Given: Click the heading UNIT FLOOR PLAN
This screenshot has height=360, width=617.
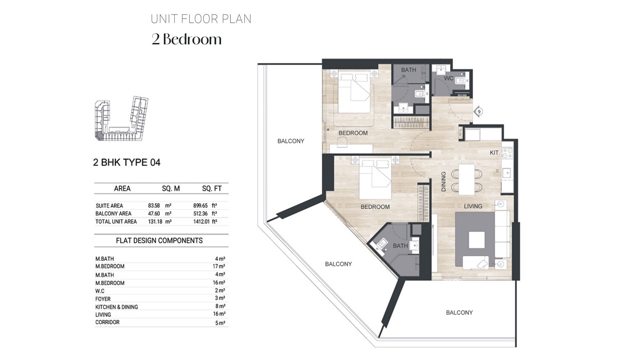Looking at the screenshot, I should pyautogui.click(x=201, y=20).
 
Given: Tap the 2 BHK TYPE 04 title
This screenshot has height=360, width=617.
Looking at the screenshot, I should pyautogui.click(x=126, y=163).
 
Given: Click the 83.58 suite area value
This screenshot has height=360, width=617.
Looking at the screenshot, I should pyautogui.click(x=154, y=205).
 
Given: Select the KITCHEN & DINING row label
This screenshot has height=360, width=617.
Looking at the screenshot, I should pyautogui.click(x=116, y=307).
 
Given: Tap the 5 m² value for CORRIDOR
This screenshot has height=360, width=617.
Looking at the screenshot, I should pyautogui.click(x=220, y=323).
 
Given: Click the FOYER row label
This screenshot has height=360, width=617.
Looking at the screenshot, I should pyautogui.click(x=103, y=299).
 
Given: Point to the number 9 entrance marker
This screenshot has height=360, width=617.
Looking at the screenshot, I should pyautogui.click(x=479, y=111).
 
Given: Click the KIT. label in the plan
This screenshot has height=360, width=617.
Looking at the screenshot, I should pyautogui.click(x=495, y=153).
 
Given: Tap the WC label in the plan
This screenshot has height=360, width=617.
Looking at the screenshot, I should pyautogui.click(x=449, y=79).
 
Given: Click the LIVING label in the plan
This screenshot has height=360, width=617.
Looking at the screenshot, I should pyautogui.click(x=473, y=206).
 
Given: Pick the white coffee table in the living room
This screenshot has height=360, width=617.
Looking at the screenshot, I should pyautogui.click(x=476, y=240).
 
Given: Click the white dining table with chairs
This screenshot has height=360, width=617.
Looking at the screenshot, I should pyautogui.click(x=467, y=178).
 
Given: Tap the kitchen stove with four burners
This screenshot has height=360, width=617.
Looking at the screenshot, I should pyautogui.click(x=507, y=153).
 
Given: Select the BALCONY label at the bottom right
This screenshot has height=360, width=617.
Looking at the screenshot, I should pyautogui.click(x=459, y=313).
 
